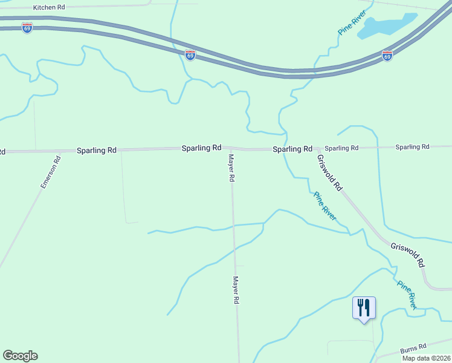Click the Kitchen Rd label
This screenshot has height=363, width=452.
[49, 7]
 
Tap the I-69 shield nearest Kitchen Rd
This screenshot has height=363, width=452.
[27, 28]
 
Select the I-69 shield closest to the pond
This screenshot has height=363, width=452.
[387, 56]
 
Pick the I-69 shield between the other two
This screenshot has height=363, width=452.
[190, 55]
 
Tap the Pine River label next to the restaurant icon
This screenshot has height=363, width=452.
[407, 295]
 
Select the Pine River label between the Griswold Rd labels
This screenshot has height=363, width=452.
[325, 206]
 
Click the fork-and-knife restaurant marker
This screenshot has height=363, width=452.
[364, 308]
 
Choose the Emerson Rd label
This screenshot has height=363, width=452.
[51, 172]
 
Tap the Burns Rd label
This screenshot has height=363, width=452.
[414, 349]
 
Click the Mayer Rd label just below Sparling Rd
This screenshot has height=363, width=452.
[231, 168]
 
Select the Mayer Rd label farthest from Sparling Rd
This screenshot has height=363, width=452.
[237, 290]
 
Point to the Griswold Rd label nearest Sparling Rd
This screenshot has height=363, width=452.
[330, 172]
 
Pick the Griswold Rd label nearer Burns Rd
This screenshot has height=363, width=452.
[408, 255]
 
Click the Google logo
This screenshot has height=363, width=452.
[20, 356]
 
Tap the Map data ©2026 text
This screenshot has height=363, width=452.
[427, 358]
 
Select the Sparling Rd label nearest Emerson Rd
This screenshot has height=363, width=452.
[96, 149]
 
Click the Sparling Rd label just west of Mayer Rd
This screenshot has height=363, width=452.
[202, 148]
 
